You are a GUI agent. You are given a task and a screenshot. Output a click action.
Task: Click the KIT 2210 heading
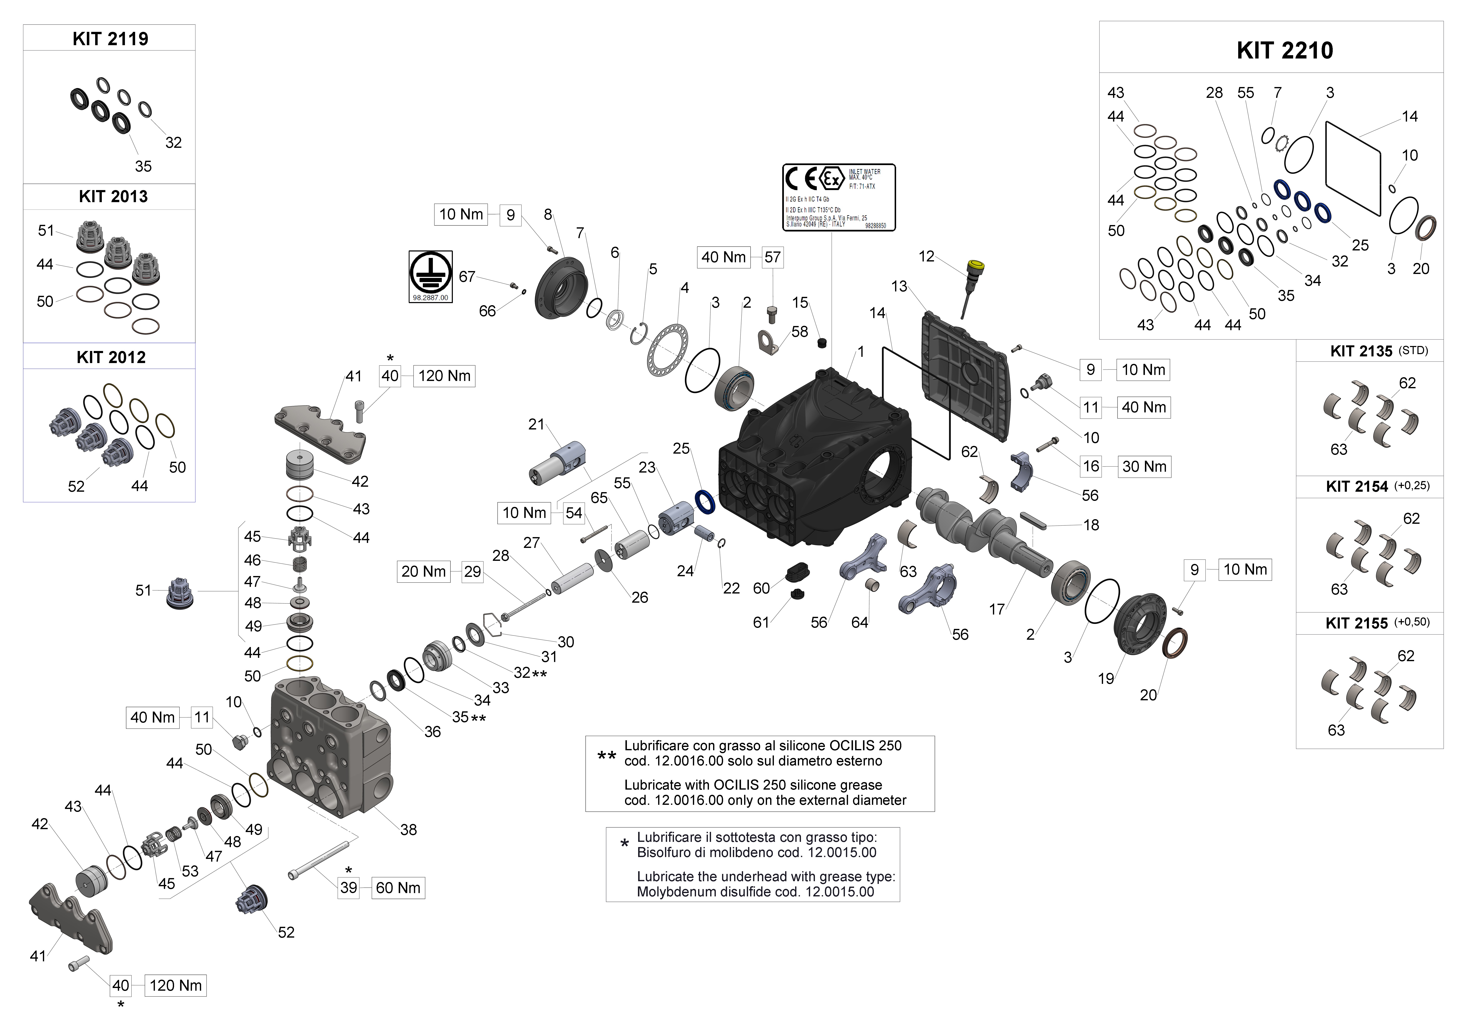tap(1284, 50)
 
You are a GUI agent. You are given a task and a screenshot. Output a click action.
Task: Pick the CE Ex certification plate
tap(839, 197)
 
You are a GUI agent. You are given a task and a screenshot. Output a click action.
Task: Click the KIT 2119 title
tap(110, 39)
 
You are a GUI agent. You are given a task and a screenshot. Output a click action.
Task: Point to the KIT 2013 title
tap(113, 196)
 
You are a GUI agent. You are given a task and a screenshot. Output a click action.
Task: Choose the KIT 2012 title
tap(111, 357)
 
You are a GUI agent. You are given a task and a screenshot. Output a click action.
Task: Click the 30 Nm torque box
tap(1144, 467)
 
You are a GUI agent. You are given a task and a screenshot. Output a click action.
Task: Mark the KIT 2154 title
tap(1356, 487)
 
